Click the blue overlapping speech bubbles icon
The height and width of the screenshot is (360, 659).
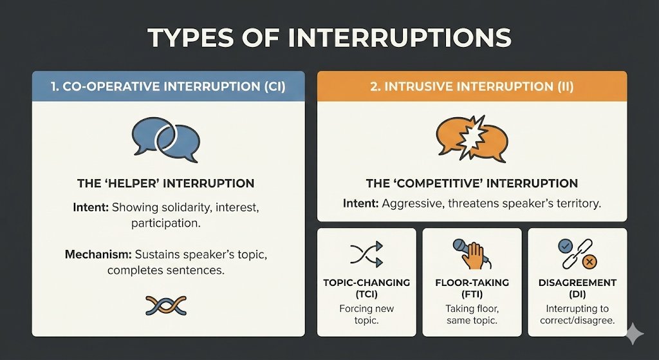(165, 138)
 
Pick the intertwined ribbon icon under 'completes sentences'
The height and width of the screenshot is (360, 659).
(166, 305)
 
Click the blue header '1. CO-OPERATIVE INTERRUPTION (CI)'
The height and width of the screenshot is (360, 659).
(169, 87)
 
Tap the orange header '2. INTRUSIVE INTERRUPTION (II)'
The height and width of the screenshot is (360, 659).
(472, 86)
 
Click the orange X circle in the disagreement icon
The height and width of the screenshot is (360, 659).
(589, 263)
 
